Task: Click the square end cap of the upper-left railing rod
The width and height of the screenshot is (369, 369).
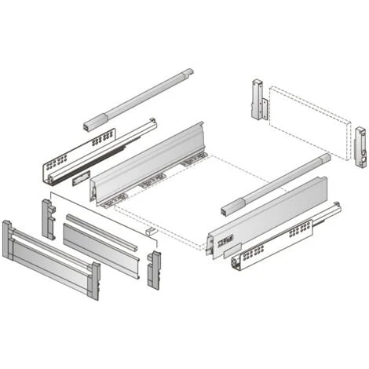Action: click(89, 126)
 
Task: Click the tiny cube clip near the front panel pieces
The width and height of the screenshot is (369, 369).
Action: click(148, 232)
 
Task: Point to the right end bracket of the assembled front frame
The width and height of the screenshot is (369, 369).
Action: click(93, 281)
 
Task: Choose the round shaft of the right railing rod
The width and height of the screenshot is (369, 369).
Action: click(275, 184)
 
